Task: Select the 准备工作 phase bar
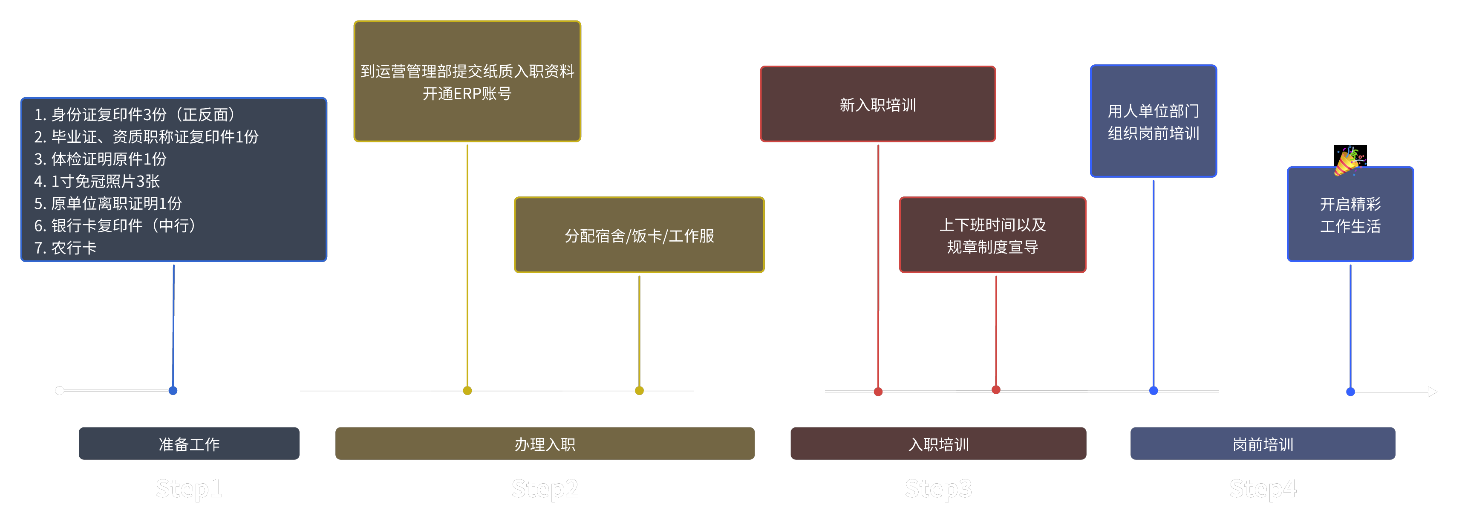pos(189,444)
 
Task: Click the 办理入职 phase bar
pos(545,444)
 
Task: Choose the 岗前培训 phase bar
pos(1263,444)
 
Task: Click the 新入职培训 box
pos(877,104)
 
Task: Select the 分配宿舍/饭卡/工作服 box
pos(639,235)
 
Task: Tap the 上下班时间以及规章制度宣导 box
pos(992,235)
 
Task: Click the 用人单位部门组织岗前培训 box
pos(1154,121)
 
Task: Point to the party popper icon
pos(1349,161)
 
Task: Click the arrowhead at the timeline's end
pos(1432,391)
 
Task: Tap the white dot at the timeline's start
pos(60,390)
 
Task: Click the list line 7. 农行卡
pos(66,248)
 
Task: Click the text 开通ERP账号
pos(467,94)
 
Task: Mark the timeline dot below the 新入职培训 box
pos(878,391)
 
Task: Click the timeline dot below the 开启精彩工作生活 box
pos(1350,391)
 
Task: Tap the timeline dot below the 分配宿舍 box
pos(639,390)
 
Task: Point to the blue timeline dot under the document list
pos(173,390)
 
